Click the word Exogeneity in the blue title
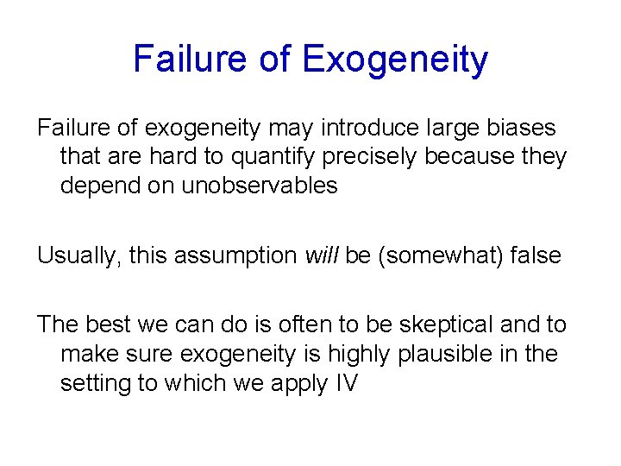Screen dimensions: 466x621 coord(395,60)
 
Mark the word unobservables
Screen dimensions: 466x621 coord(260,186)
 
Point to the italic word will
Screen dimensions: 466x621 coord(322,255)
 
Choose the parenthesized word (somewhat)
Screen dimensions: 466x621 coord(439,255)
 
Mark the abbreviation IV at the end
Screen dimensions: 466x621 coord(345,382)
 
